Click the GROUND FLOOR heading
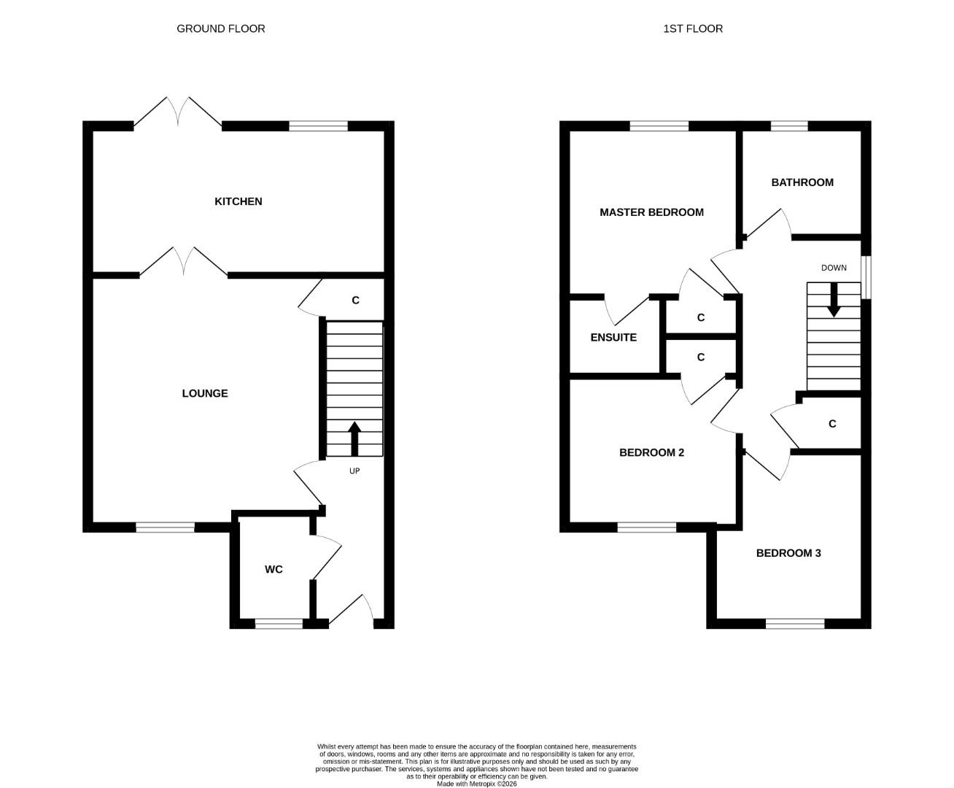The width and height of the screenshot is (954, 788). pyautogui.click(x=220, y=28)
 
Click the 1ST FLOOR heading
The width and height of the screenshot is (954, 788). pyautogui.click(x=692, y=28)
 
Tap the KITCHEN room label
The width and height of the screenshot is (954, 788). pyautogui.click(x=238, y=201)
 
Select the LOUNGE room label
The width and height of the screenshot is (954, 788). pyautogui.click(x=205, y=393)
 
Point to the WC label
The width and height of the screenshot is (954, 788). pyautogui.click(x=274, y=569)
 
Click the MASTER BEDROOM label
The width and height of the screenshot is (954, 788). pyautogui.click(x=651, y=212)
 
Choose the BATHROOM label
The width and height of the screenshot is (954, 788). pyautogui.click(x=802, y=182)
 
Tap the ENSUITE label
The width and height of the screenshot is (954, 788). pyautogui.click(x=613, y=338)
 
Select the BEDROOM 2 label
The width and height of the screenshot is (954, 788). pyautogui.click(x=651, y=452)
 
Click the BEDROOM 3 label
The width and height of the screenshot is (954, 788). pyautogui.click(x=788, y=553)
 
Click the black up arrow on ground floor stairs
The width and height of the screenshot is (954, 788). pyautogui.click(x=354, y=439)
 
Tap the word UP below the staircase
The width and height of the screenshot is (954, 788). pyautogui.click(x=354, y=471)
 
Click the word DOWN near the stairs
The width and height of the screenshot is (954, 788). pyautogui.click(x=834, y=268)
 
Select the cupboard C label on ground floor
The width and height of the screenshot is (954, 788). pyautogui.click(x=355, y=300)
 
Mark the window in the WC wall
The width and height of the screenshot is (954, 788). pyautogui.click(x=279, y=623)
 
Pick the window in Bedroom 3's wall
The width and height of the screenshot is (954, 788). pyautogui.click(x=795, y=623)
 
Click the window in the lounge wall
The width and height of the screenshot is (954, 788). pyautogui.click(x=166, y=527)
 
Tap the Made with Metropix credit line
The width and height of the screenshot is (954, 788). pyautogui.click(x=476, y=784)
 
